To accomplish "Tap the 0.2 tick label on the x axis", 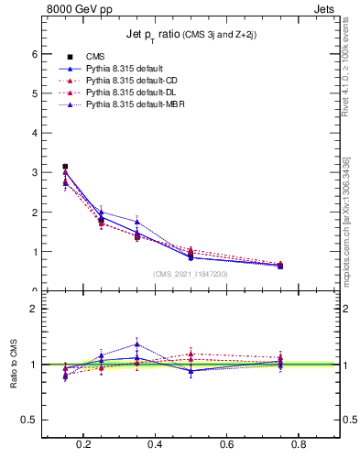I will click(x=84, y=446).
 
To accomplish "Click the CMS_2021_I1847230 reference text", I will click(x=190, y=274).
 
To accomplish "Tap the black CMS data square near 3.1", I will click(x=65, y=167).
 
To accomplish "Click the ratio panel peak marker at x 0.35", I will click(x=136, y=344).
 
